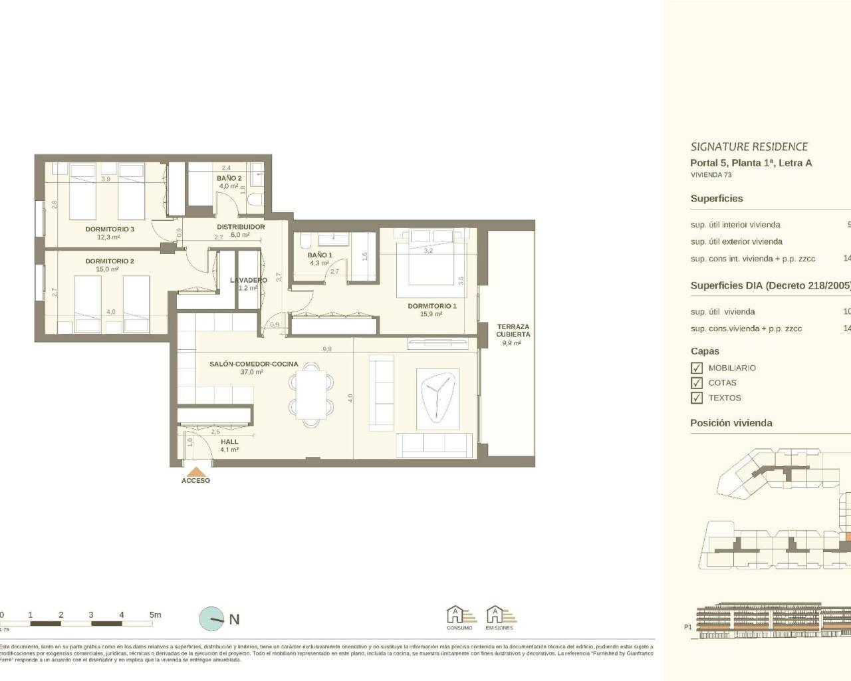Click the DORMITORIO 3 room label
[x=110, y=229]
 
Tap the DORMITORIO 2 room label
[x=110, y=261]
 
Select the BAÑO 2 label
[x=229, y=178]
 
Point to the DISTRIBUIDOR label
[x=241, y=227]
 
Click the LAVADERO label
[x=249, y=280]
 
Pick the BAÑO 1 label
[x=320, y=255]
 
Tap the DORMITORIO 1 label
[x=432, y=306]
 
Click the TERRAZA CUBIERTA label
[x=513, y=331]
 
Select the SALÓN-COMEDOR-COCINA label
[x=253, y=364]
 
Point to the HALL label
[x=229, y=442]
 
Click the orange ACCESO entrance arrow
[x=195, y=470]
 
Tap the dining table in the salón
[x=310, y=394]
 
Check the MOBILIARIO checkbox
[x=697, y=368]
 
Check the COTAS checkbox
[x=697, y=383]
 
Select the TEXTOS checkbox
[x=697, y=398]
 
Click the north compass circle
[x=212, y=619]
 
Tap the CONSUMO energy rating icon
[x=460, y=615]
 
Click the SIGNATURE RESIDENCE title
[x=749, y=147]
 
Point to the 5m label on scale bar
[x=155, y=615]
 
